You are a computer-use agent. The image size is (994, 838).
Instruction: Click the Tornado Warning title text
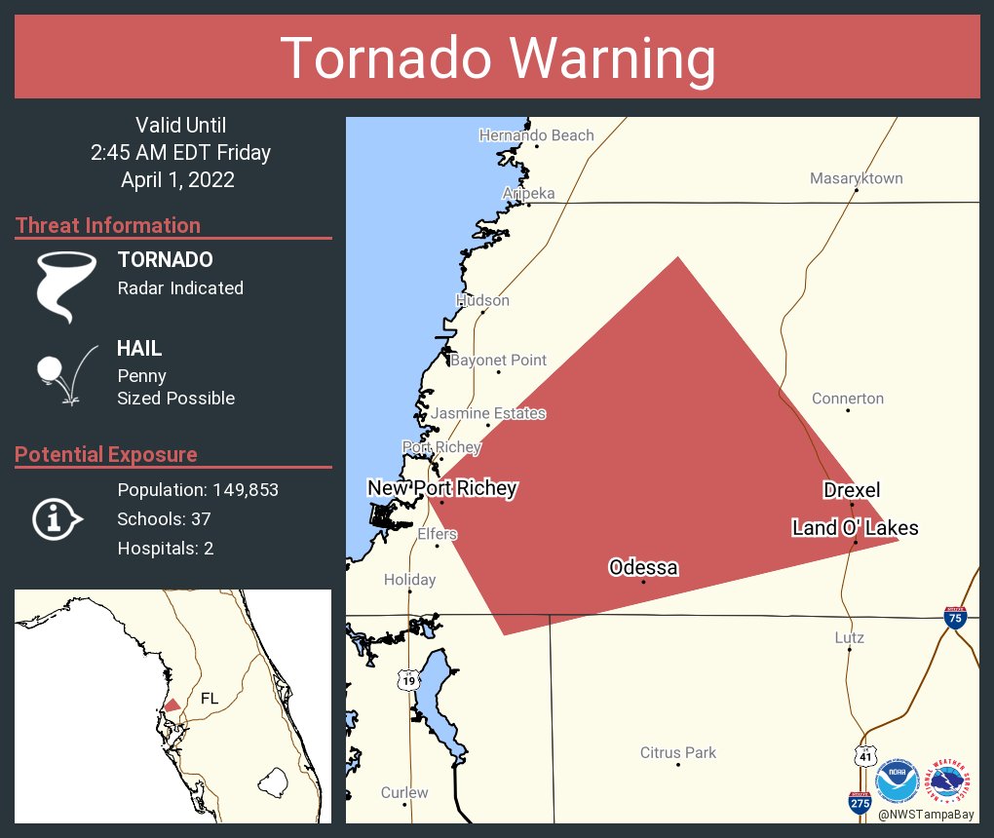pos(497,57)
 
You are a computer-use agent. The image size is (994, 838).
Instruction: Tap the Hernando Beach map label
pos(536,135)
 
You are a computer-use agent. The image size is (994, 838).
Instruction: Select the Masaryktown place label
pos(856,178)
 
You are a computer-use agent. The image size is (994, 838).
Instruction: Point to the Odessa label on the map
pos(642,567)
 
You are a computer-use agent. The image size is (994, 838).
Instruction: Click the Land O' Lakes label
pos(855,528)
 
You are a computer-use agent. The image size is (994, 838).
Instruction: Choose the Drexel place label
pos(851,490)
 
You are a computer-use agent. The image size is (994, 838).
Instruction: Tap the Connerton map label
pos(847,399)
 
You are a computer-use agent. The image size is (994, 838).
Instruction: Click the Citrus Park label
pos(677,752)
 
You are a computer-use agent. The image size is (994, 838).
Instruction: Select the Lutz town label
pos(849,638)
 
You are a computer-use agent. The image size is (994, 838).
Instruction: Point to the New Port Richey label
pos(441,488)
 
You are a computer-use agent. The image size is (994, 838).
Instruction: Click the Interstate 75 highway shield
pos(955,618)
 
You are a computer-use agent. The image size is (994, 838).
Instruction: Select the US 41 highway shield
pos(865,756)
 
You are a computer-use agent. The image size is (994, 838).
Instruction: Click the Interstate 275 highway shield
pos(859,802)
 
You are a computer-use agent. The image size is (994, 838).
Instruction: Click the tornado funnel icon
pos(66,285)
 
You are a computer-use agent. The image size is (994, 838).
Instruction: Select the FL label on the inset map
pos(210,699)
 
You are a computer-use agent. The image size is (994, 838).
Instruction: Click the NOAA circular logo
pos(897,781)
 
